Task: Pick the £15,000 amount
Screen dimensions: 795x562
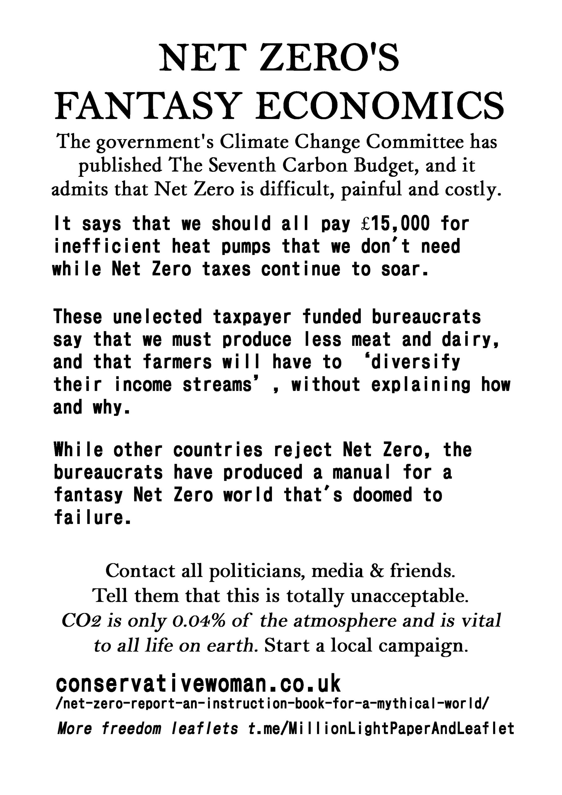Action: [x=394, y=224]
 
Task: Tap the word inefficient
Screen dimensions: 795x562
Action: [x=107, y=247]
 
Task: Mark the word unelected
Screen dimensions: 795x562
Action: [x=157, y=317]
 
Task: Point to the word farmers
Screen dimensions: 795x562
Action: [x=177, y=362]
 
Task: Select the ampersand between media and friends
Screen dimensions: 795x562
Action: [x=376, y=570]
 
